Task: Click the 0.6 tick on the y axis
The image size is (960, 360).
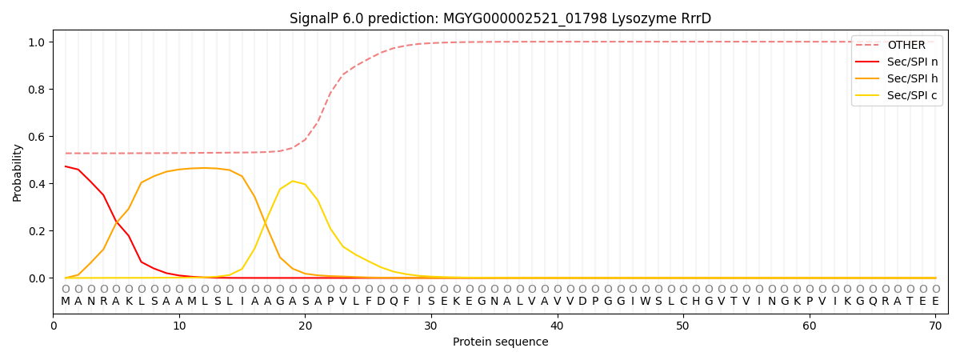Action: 35,137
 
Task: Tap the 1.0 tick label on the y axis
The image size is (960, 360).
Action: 35,42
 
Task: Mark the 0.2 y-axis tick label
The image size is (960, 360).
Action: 35,231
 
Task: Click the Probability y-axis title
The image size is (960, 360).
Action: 18,172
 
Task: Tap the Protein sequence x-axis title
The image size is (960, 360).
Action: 501,342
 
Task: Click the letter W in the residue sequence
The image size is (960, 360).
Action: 646,301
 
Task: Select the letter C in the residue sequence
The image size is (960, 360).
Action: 683,301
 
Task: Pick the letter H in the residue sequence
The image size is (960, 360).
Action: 696,301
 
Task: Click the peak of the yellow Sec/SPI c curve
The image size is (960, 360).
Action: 293,181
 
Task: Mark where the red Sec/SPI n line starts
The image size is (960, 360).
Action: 66,166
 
